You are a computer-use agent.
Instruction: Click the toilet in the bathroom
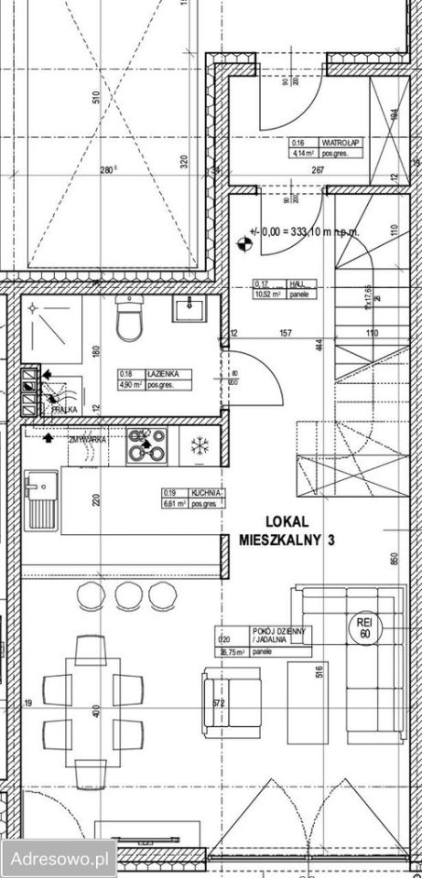128,321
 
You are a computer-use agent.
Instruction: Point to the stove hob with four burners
146,445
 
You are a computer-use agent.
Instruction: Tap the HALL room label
295,283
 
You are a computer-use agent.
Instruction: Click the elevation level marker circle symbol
243,242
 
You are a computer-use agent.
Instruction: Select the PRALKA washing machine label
64,411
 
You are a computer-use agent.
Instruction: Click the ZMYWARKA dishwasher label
87,440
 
